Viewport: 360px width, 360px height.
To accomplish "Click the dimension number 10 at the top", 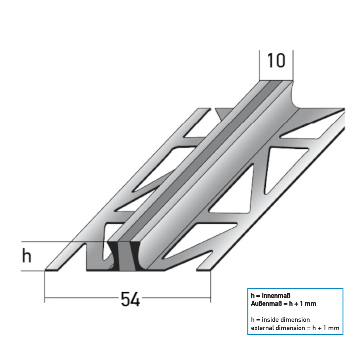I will pos(276,61).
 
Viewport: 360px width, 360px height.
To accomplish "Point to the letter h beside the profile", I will pos(27,256).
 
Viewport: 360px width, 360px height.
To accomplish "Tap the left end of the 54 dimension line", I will pos(45,298).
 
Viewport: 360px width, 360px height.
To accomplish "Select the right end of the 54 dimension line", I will pos(210,298).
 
